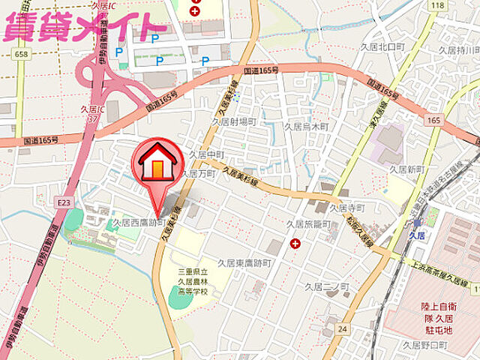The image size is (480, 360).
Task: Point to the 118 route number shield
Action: point(437,6)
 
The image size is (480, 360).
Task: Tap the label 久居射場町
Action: point(233,121)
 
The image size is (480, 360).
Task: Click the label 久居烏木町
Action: point(307,127)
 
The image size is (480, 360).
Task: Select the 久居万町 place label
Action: point(202,173)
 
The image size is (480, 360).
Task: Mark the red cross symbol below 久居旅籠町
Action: point(295,244)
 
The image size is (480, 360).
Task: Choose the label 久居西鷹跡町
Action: point(139,223)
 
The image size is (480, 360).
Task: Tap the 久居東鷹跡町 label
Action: point(244,263)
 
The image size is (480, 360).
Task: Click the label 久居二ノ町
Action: point(327,286)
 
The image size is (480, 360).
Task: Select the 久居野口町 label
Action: point(424,346)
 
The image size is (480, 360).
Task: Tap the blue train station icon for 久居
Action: point(419,221)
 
